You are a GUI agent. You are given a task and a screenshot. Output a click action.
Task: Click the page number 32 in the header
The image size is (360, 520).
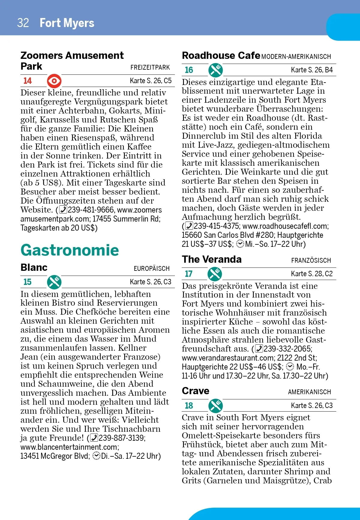[x=23, y=23]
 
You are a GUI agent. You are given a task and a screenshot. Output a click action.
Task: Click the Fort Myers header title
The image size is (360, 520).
[x=67, y=23]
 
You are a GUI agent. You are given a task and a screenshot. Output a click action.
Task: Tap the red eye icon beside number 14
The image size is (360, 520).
[x=54, y=81]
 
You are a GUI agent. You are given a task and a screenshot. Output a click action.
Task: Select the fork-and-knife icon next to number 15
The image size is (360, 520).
[x=54, y=282]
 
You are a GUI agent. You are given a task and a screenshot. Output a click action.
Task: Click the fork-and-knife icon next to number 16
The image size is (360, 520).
[x=216, y=70]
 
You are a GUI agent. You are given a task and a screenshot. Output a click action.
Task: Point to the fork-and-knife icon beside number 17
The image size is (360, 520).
[x=215, y=274]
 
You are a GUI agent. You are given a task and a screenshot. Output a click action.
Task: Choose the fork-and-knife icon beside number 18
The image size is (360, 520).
[x=216, y=406]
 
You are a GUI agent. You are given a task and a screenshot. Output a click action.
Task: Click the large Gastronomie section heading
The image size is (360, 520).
[x=70, y=250]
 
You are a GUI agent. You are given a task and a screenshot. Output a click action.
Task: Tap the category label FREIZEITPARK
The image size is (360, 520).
[x=150, y=68]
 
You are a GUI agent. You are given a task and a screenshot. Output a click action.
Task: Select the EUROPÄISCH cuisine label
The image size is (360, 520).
[x=151, y=269]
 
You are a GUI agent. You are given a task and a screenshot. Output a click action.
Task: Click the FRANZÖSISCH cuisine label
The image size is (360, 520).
[x=311, y=261]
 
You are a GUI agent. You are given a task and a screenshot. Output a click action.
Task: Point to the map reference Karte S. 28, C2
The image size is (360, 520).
[x=312, y=274]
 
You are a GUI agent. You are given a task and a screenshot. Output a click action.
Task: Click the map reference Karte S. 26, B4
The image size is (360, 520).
[x=312, y=70]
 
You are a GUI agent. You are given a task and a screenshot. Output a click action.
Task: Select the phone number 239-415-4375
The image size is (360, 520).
[x=216, y=226]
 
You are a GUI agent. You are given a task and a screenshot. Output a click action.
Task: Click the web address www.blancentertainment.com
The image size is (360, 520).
[x=69, y=447]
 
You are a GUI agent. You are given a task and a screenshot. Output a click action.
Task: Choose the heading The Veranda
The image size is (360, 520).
[x=211, y=259]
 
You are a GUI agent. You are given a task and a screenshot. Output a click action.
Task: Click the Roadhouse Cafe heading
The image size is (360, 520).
[x=221, y=56]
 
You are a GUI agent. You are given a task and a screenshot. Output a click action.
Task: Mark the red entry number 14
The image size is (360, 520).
[x=28, y=81]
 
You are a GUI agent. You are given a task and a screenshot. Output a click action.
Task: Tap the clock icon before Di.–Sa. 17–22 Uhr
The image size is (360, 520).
[x=97, y=456]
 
